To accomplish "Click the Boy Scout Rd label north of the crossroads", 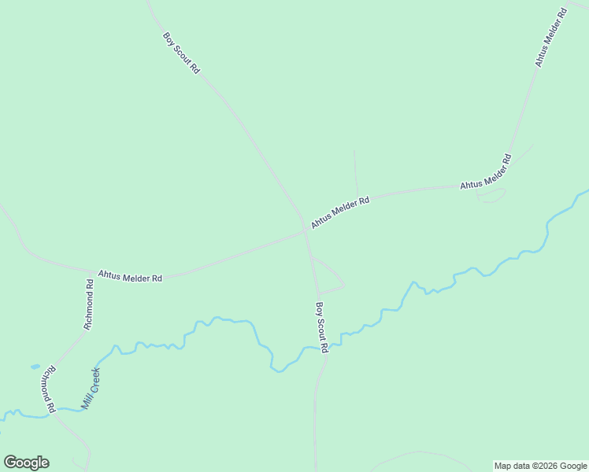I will click(x=181, y=53).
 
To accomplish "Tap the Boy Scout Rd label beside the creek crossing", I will click(x=321, y=327).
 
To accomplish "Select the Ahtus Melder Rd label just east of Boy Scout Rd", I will click(x=340, y=212).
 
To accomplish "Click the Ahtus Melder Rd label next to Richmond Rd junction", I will click(x=130, y=277).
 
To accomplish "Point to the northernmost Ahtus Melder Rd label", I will click(x=550, y=37).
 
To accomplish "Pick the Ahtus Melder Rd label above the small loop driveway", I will click(x=486, y=173).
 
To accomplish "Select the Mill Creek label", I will click(x=90, y=389).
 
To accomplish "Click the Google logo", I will click(x=26, y=463).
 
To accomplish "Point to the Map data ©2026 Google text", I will click(x=541, y=466).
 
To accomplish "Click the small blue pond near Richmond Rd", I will click(x=35, y=367).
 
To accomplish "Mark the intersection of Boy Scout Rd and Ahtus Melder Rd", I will click(x=306, y=230).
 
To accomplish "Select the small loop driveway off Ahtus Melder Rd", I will click(x=491, y=197).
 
